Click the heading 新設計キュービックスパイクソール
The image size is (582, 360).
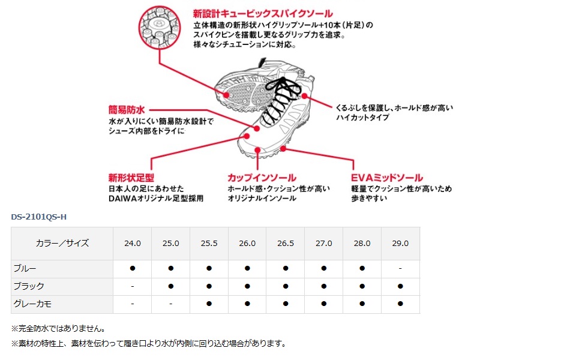(x=262, y=13)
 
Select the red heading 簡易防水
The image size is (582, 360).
(x=127, y=110)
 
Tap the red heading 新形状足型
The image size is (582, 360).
(x=131, y=178)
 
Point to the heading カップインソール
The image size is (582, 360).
(x=261, y=178)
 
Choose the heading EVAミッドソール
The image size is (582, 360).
(x=387, y=178)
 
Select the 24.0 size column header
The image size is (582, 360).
(x=132, y=244)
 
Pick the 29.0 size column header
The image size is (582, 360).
(x=400, y=244)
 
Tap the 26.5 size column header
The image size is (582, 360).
(x=285, y=244)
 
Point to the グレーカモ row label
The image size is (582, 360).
(x=32, y=304)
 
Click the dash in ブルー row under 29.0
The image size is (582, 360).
(x=400, y=268)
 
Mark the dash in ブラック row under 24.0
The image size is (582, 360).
(x=132, y=286)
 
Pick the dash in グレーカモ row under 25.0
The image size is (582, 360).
(x=170, y=304)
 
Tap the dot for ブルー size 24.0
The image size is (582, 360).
(x=132, y=268)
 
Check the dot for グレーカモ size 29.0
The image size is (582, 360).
(x=400, y=304)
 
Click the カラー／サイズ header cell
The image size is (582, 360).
(x=62, y=244)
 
